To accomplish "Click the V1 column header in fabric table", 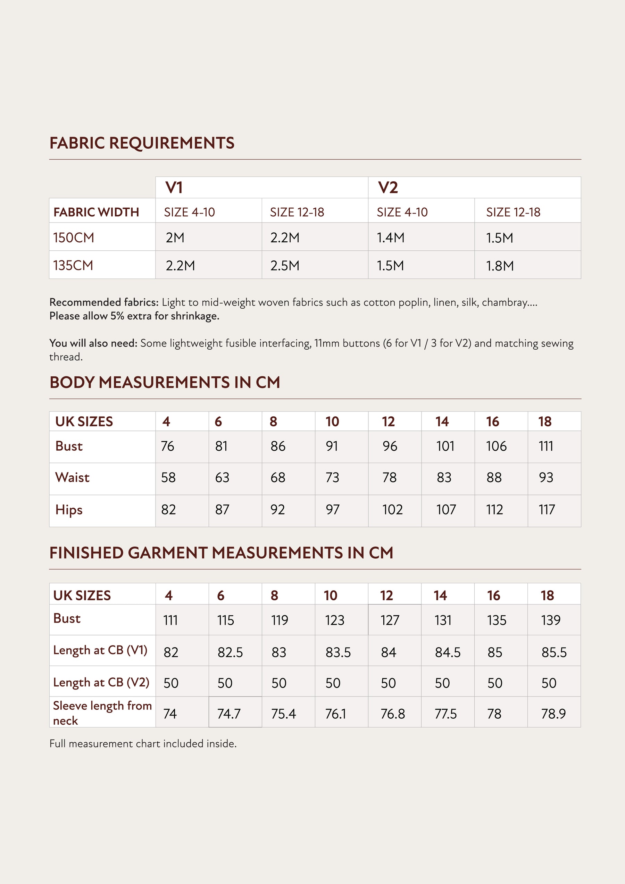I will click(174, 187).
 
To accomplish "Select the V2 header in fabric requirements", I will click(388, 187).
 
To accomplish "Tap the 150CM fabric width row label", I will click(74, 237).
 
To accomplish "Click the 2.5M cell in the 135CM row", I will click(285, 266).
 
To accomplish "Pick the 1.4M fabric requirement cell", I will click(391, 237).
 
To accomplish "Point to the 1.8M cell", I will click(500, 266).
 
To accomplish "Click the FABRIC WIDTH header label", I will click(96, 212).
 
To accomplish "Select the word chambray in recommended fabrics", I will click(504, 302).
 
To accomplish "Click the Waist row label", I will click(73, 477).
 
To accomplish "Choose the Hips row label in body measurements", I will click(69, 510).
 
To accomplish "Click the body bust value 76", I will click(167, 446).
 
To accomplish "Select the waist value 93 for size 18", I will click(546, 477).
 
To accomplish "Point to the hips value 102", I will click(392, 510).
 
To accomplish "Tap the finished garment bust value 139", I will click(551, 620).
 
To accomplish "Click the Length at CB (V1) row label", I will click(100, 650).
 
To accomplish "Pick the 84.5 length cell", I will click(448, 652).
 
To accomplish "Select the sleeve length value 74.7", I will click(229, 714).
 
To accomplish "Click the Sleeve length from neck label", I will click(102, 713).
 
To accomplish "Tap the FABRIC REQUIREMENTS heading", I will click(142, 143).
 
